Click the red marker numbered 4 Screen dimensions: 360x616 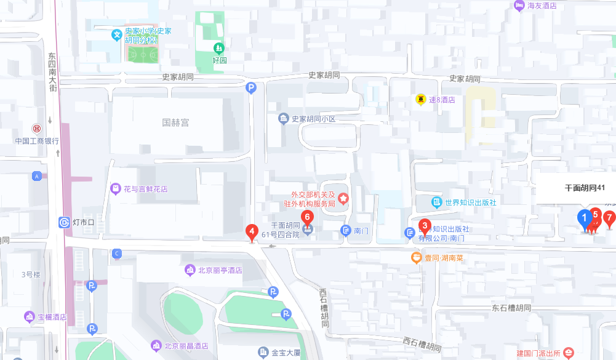[251, 233]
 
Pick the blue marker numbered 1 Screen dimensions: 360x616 [584, 218]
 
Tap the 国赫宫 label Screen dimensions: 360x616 [175, 122]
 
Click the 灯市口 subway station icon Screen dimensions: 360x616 [65, 222]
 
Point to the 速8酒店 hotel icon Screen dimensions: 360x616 [420, 99]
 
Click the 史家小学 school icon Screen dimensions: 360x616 [116, 36]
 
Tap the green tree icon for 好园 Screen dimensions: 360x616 [218, 48]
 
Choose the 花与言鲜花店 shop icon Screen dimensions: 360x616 [115, 189]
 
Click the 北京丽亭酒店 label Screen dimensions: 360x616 [220, 270]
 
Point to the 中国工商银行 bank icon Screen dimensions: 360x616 [37, 129]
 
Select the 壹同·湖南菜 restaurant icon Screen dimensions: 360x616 [417, 258]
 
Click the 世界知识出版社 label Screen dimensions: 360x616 [471, 202]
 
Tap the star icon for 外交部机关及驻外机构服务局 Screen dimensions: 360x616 [343, 199]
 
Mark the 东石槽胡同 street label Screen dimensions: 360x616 [511, 307]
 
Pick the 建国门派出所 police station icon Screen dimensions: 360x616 [568, 353]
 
